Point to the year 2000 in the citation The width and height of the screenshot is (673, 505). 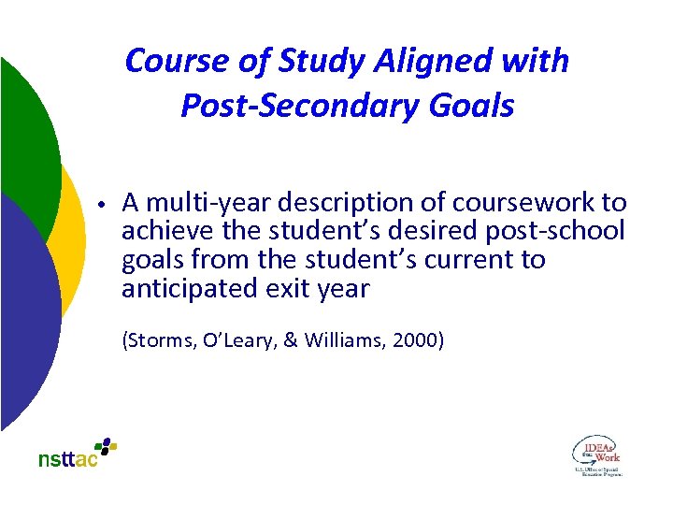pyautogui.click(x=417, y=341)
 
